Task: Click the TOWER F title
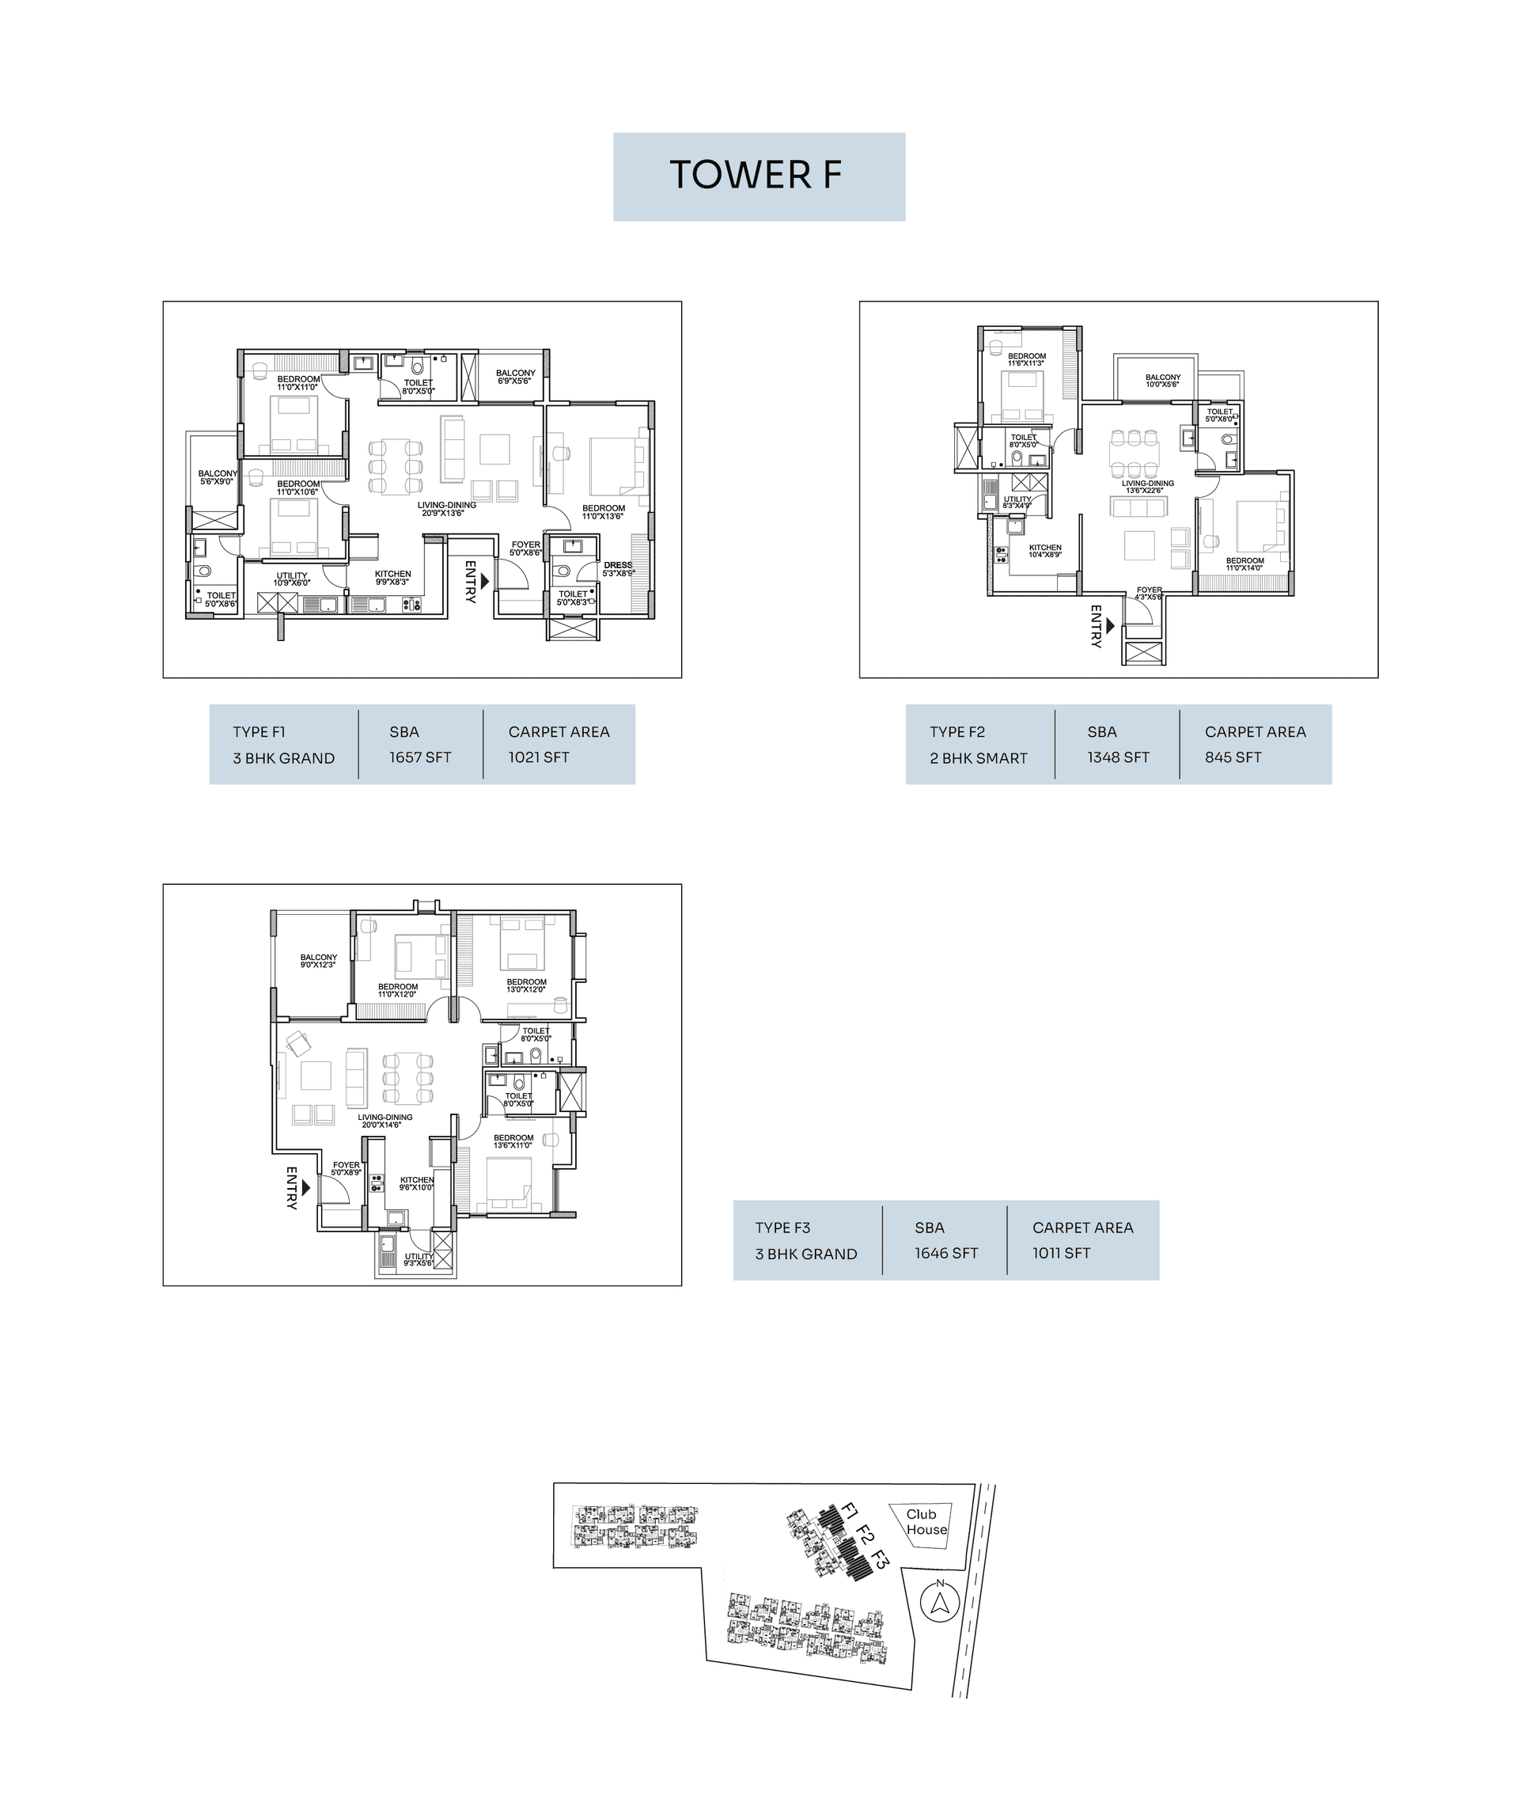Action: point(756,175)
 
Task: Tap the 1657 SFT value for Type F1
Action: point(420,757)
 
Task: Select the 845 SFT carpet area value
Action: point(1233,757)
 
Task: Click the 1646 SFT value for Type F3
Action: point(946,1254)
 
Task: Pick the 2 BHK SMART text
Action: point(978,758)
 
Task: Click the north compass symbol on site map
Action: point(940,1604)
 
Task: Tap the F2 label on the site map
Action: point(865,1537)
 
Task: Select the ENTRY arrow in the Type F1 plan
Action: point(486,581)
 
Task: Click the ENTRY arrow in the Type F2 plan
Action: point(1111,625)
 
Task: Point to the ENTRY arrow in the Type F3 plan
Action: point(306,1189)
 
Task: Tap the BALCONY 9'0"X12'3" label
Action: point(319,961)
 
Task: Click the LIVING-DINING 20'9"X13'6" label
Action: point(447,509)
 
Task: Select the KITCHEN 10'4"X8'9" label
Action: point(1044,551)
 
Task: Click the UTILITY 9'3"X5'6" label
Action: point(419,1259)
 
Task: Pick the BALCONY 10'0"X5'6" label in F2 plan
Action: point(1162,380)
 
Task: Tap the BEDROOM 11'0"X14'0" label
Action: point(1244,564)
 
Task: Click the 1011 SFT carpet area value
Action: point(1060,1254)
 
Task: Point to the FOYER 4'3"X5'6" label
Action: point(1149,593)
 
